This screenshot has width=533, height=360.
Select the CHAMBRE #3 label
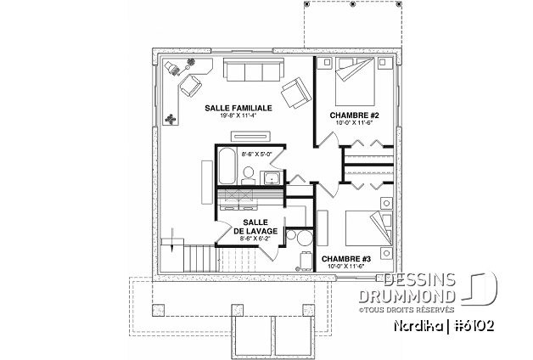(x=345, y=259)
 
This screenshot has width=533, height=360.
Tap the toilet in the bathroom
(x=249, y=176)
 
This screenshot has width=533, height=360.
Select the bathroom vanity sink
(x=272, y=177)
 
